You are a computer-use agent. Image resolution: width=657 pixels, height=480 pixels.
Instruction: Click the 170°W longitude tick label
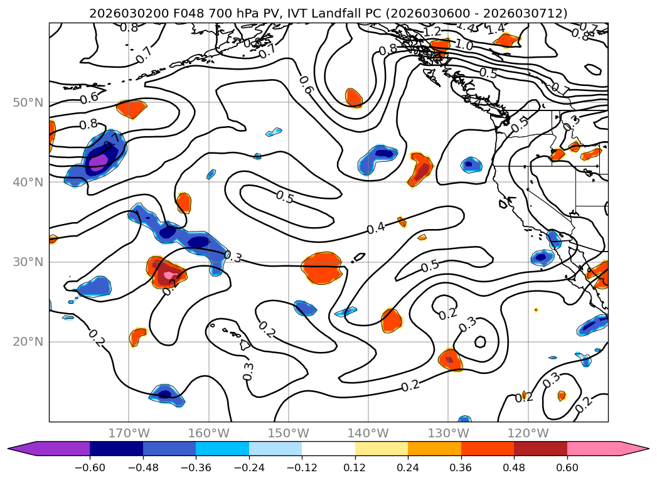(129, 433)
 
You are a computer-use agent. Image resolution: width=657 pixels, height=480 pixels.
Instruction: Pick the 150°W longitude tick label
(288, 433)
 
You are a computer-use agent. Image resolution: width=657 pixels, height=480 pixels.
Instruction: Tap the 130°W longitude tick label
(447, 433)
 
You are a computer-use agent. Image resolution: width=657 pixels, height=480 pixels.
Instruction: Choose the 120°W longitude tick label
(528, 433)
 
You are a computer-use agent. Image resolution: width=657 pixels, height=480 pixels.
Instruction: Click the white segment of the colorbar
(328, 448)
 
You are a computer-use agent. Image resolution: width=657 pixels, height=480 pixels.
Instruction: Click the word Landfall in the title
(395, 13)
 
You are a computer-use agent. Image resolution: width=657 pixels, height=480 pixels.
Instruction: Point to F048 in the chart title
(173, 13)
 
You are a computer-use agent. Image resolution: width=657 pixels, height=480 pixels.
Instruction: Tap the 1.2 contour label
(432, 31)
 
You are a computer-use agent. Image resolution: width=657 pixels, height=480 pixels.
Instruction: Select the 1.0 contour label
(464, 45)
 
